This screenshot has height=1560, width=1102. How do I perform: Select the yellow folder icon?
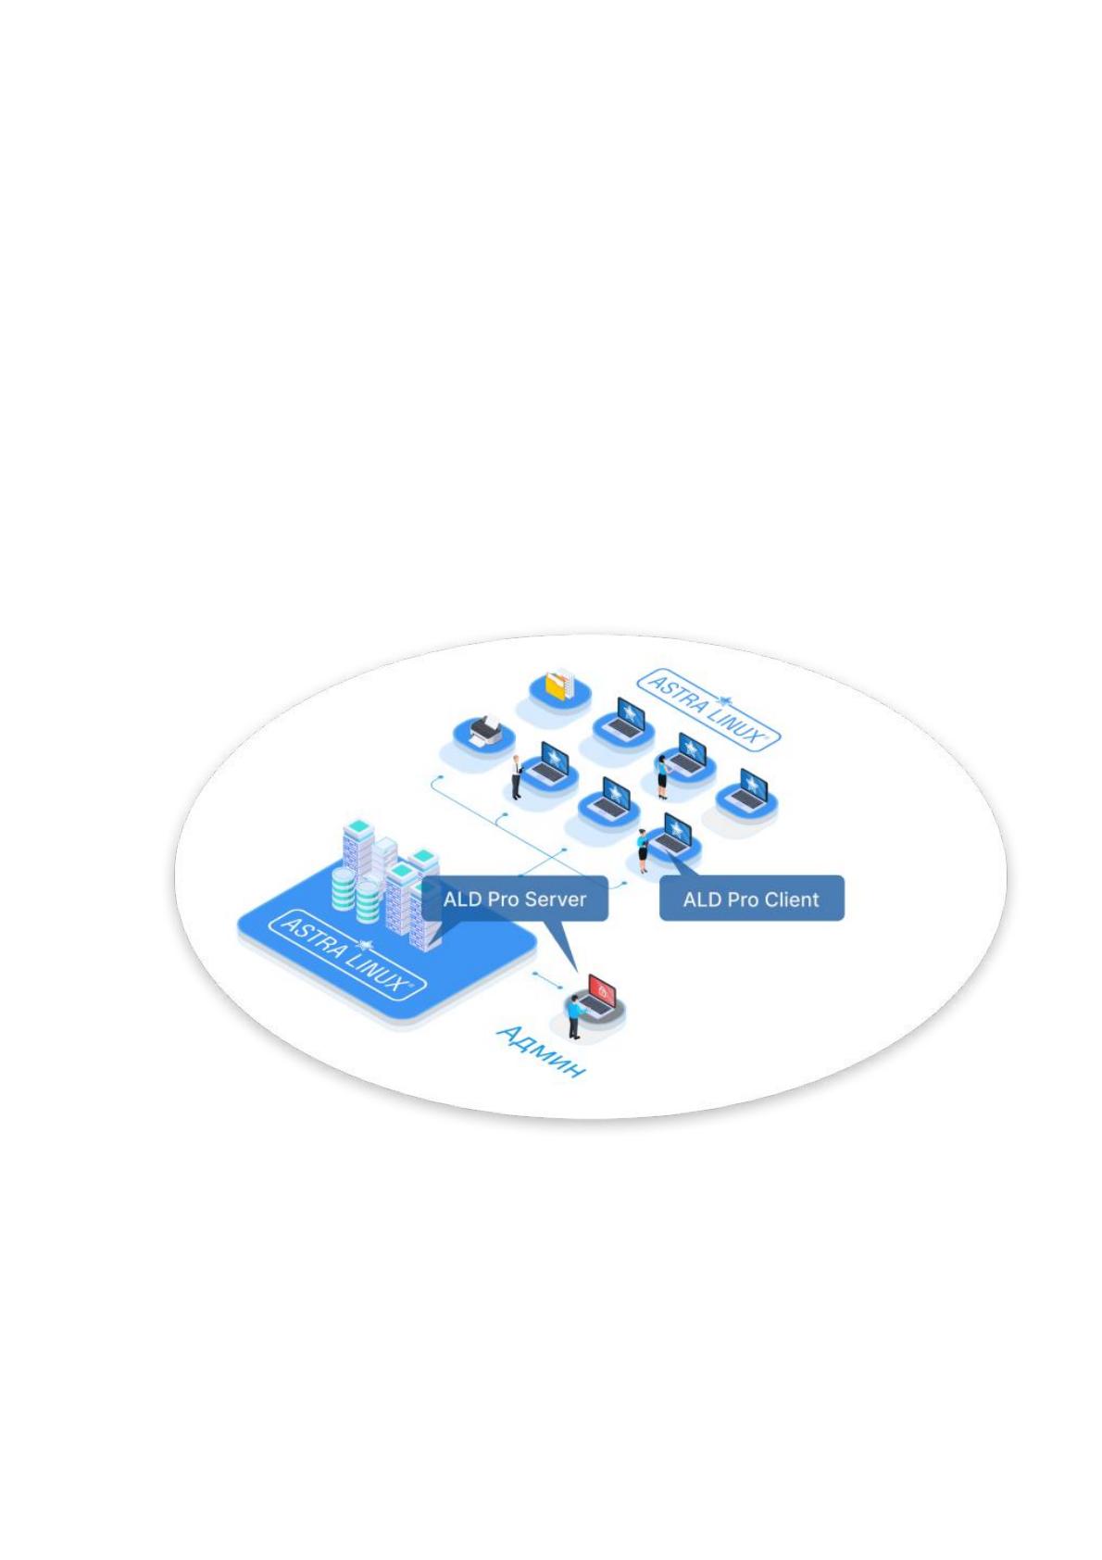coord(557,686)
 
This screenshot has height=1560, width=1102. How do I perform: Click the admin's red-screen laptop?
coord(598,994)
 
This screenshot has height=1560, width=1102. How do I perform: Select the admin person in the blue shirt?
coord(573,1017)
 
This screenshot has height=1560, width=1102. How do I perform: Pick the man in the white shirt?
coord(517,776)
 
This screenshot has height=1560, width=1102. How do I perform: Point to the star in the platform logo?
coord(363,944)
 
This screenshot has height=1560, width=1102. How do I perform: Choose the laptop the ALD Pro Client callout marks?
coord(671,835)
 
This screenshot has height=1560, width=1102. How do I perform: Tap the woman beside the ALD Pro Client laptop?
coord(644,851)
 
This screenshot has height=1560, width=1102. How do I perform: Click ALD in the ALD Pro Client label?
coord(699,900)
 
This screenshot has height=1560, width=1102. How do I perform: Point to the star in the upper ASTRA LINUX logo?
coord(724,700)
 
